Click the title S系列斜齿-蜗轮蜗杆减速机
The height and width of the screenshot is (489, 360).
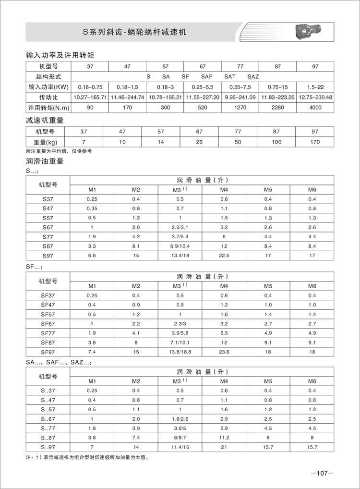(x=134, y=33)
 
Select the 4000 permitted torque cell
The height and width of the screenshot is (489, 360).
(x=315, y=107)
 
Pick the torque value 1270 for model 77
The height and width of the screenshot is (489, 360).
(x=240, y=107)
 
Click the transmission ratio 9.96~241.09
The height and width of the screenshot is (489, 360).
(x=240, y=97)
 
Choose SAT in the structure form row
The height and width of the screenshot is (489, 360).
(x=230, y=77)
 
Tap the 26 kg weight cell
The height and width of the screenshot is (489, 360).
(x=199, y=142)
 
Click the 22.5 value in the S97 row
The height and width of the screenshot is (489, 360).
(x=224, y=256)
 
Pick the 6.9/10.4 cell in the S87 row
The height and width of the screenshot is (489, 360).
(x=180, y=246)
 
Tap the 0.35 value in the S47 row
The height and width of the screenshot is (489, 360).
(x=92, y=208)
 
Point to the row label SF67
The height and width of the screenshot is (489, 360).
(x=48, y=324)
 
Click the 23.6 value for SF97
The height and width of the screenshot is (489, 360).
(x=224, y=352)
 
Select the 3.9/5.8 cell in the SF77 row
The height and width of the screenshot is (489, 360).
(x=180, y=333)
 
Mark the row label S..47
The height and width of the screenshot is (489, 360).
(x=48, y=400)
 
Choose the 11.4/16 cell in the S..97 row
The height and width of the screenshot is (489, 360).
(x=180, y=448)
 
